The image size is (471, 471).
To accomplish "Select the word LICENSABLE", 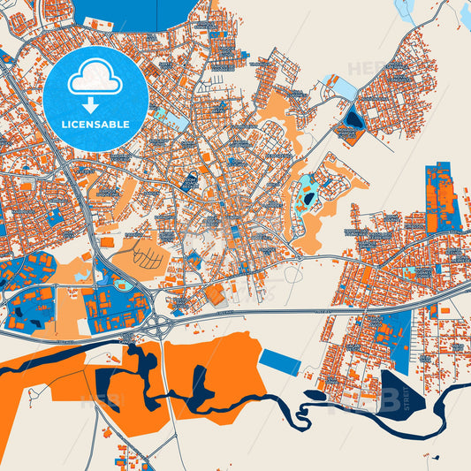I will coord(95,123).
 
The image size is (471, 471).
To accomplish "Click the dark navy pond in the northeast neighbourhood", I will coord(354,119).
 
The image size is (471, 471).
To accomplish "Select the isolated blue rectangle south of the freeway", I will coord(281,361).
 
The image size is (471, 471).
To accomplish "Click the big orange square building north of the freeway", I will coord(215,294).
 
